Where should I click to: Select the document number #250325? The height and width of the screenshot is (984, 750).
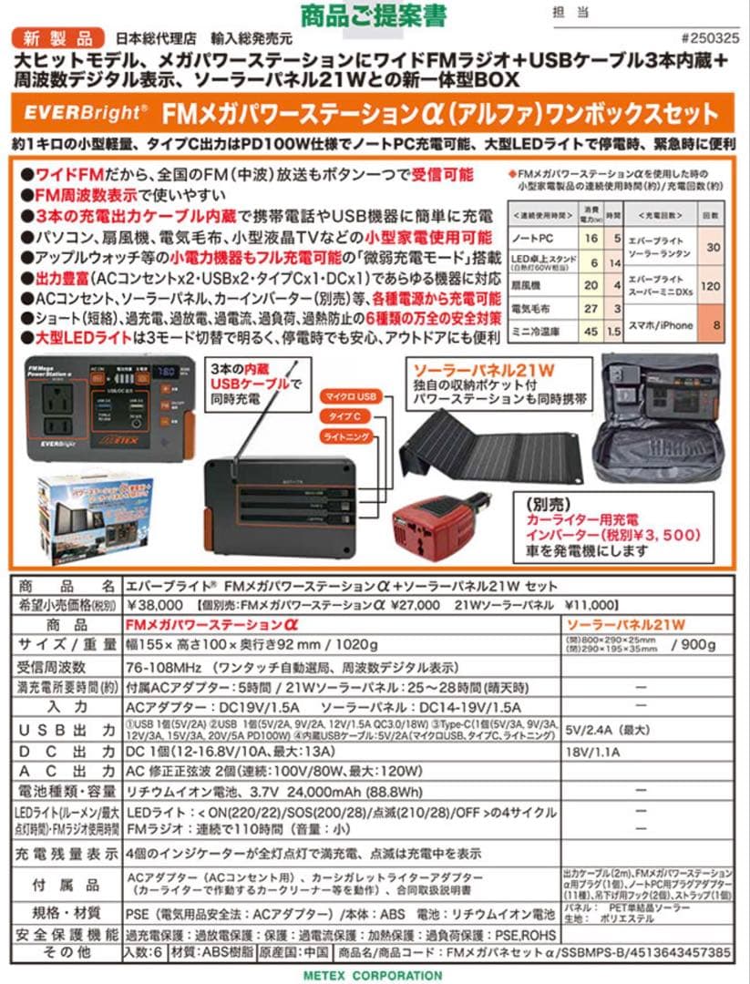tap(707, 39)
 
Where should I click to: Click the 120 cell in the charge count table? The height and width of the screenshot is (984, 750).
tap(713, 284)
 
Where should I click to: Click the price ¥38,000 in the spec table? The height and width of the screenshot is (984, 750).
tap(152, 605)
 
